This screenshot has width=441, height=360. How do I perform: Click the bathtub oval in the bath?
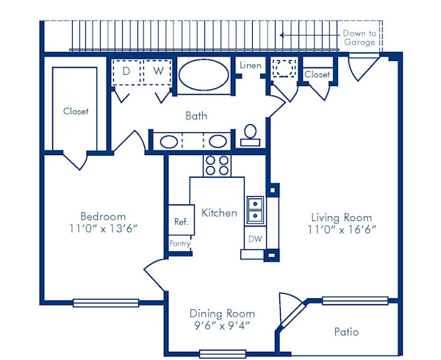(x=203, y=74)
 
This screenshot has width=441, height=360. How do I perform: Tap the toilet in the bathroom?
(x=251, y=134)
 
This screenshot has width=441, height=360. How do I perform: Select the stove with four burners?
(x=217, y=165)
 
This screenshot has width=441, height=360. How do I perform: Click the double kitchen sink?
(x=255, y=209)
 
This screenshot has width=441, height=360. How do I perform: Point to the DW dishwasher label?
(x=254, y=239)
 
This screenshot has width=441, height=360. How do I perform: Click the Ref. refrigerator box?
(x=180, y=221)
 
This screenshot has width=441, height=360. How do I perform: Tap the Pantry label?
(x=180, y=243)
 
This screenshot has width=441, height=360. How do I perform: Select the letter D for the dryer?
(x=126, y=71)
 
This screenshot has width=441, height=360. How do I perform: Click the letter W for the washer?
(x=157, y=71)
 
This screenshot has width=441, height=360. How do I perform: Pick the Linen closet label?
(x=250, y=66)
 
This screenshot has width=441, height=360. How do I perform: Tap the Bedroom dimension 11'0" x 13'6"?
(x=103, y=228)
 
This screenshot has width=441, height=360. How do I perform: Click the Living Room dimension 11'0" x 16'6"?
(x=341, y=229)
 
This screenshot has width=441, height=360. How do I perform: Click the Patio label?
(x=346, y=332)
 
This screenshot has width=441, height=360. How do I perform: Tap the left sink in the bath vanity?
(x=168, y=141)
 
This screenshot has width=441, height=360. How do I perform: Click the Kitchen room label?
(x=219, y=213)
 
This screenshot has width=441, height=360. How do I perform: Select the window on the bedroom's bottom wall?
(x=106, y=302)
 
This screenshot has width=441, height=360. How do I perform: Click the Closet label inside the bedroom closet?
(x=75, y=112)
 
